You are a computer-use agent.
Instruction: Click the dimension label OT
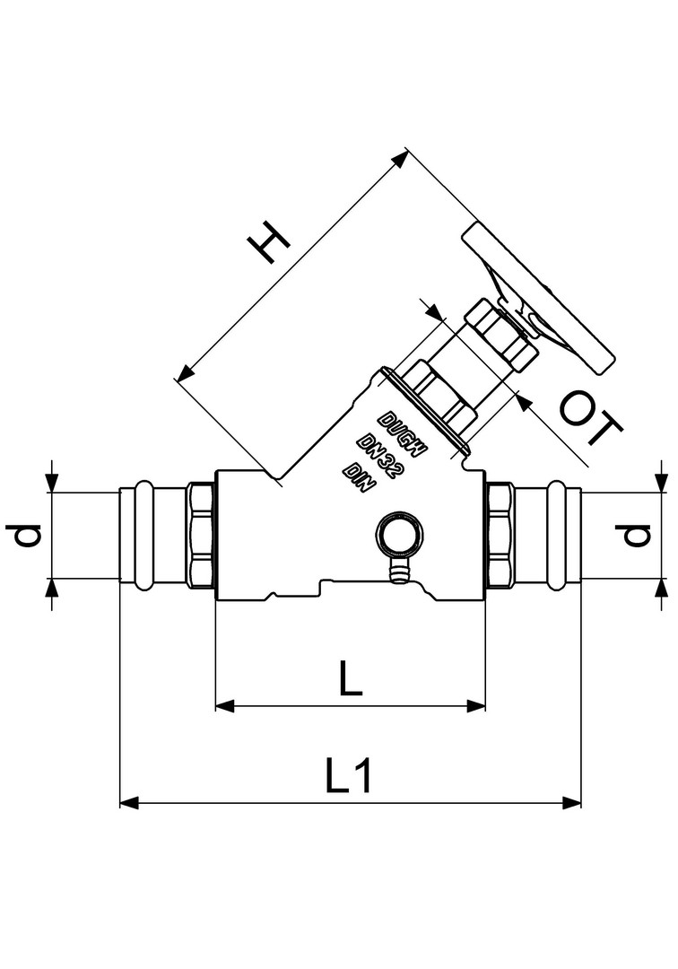click(x=591, y=417)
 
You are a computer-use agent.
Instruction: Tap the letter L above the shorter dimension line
click(x=350, y=677)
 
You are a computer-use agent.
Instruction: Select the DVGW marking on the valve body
click(x=403, y=433)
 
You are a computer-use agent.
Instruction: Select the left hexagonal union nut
click(x=201, y=535)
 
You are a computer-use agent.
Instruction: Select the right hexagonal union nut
click(x=500, y=535)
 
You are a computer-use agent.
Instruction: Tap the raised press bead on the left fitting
click(x=143, y=535)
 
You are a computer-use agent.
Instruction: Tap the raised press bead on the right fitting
click(x=556, y=535)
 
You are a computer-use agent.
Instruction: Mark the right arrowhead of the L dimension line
click(x=476, y=706)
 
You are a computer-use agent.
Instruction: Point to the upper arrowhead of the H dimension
click(x=401, y=158)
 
